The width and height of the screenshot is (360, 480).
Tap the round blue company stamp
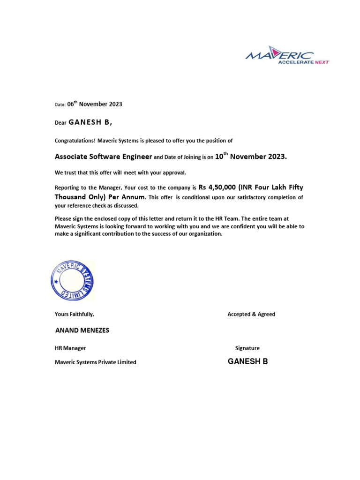point(73,280)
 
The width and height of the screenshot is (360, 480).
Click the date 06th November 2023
point(95,104)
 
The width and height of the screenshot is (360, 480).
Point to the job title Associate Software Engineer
point(104,157)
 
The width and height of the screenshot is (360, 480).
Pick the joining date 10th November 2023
point(250,156)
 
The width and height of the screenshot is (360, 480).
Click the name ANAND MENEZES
point(82,330)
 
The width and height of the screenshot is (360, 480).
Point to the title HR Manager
point(70,348)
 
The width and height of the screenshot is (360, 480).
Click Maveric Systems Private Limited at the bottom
point(96,362)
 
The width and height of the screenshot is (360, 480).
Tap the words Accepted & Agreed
point(251,314)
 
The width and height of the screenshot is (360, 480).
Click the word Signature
point(247,348)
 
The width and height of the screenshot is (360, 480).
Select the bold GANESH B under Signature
point(248,361)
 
